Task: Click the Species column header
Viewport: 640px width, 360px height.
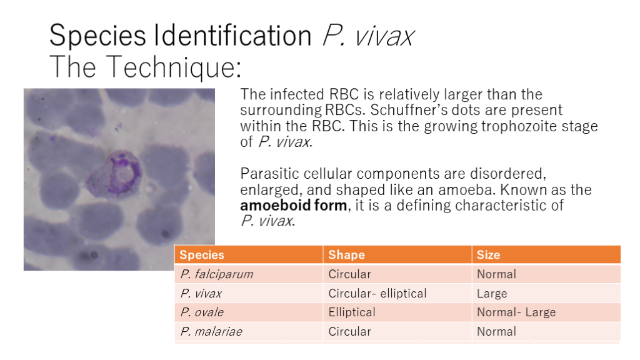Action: click(x=202, y=255)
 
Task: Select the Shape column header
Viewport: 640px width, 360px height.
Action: click(x=346, y=255)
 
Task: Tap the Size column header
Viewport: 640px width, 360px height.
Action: click(x=488, y=255)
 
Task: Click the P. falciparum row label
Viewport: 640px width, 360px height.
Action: click(x=217, y=274)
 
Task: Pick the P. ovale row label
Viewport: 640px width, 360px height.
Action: click(x=202, y=312)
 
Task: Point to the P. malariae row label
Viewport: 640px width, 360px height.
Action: click(x=211, y=331)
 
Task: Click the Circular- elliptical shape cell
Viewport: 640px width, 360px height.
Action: click(x=377, y=293)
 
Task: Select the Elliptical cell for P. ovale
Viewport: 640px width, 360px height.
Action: click(x=352, y=312)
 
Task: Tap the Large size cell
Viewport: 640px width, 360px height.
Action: click(x=492, y=294)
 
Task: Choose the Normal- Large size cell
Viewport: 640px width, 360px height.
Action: click(x=516, y=312)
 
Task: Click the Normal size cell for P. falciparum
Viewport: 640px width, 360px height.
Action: click(x=496, y=274)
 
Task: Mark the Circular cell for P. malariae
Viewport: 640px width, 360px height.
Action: click(x=350, y=331)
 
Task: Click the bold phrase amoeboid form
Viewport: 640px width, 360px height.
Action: click(x=294, y=205)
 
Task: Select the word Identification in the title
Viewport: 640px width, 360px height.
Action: click(x=232, y=35)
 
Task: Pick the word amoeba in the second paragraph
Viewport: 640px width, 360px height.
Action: click(x=466, y=190)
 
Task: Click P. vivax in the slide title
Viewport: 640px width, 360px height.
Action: click(x=368, y=35)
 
